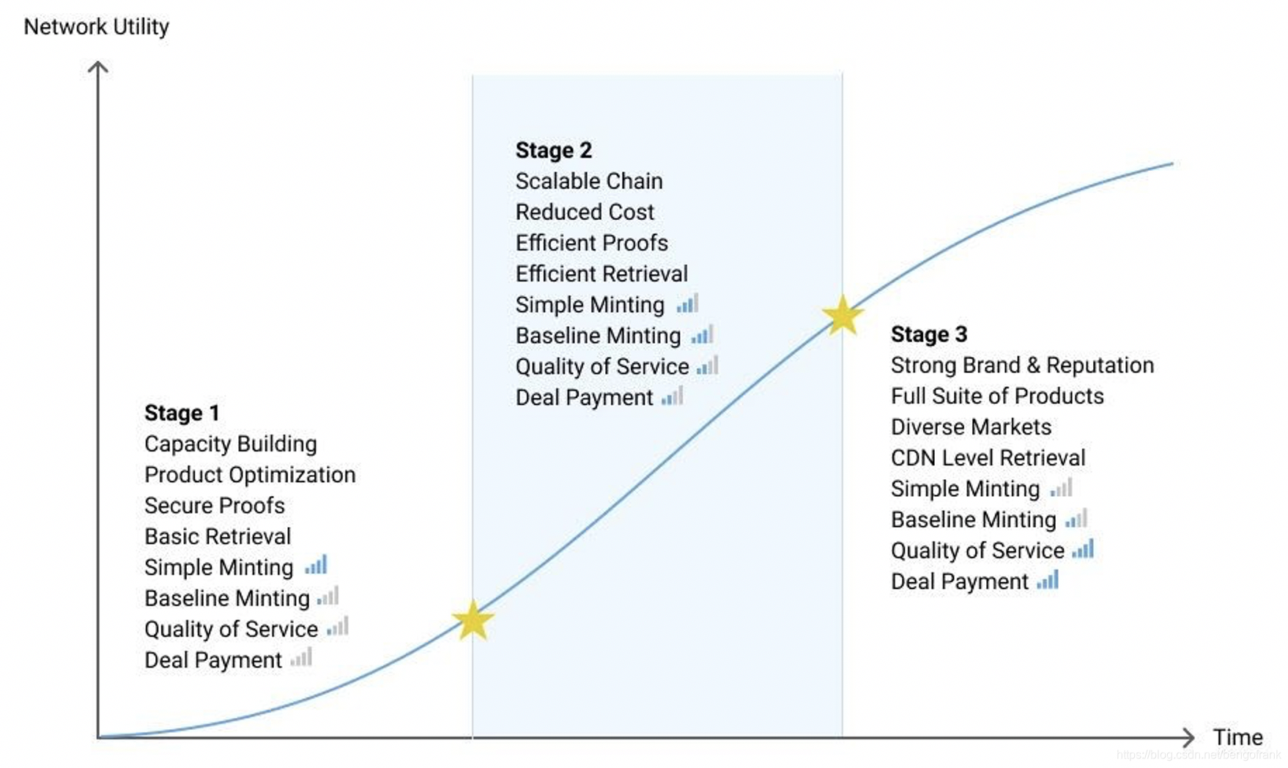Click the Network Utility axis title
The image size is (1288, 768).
(x=96, y=26)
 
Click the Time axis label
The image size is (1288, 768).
(x=1237, y=736)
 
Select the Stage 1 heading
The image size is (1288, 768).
(x=182, y=413)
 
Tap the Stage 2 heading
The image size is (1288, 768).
(x=553, y=150)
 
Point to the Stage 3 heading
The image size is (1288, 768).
(x=928, y=334)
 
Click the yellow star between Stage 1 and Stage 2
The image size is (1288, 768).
(x=473, y=621)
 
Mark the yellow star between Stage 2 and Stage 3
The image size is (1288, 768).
(x=843, y=315)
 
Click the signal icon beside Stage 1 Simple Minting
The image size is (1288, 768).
(x=317, y=565)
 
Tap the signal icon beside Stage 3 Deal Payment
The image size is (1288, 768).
(x=1048, y=580)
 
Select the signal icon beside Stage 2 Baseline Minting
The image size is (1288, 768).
(x=702, y=335)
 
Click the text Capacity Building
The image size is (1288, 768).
(x=230, y=443)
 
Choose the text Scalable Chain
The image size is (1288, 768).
(x=588, y=181)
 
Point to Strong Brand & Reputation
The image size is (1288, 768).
(x=1021, y=365)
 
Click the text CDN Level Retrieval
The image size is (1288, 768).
(x=988, y=457)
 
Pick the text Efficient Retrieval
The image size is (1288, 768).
(x=601, y=273)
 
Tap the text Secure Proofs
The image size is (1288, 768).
(x=214, y=505)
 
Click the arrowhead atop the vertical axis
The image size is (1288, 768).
(x=98, y=67)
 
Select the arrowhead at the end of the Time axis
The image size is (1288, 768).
(x=1188, y=737)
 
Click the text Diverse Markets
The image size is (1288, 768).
(x=970, y=427)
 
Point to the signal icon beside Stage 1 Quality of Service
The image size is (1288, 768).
(x=338, y=627)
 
